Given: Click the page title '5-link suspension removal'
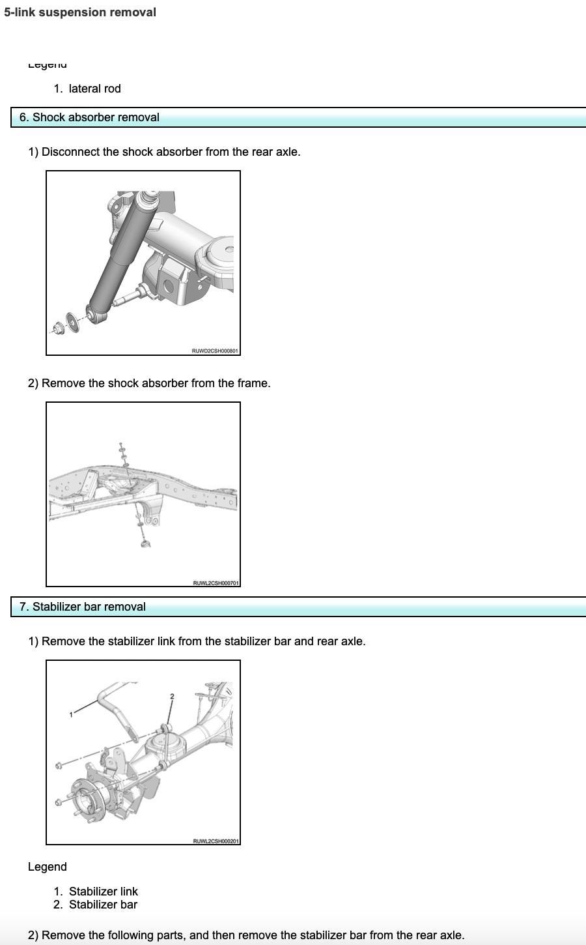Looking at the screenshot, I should coord(80,12).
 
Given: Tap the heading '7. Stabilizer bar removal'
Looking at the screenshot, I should coord(89,607).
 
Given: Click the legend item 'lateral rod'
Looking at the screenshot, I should coord(94,89).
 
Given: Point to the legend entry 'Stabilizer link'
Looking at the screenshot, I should coord(104,891).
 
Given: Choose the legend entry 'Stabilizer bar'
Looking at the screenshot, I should coord(103,905).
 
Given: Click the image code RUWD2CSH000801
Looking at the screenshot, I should coord(215,351).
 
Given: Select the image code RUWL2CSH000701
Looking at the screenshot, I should coord(216,583).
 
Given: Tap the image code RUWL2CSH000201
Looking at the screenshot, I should coord(216,841).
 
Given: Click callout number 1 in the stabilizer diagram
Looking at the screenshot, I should coord(71,715).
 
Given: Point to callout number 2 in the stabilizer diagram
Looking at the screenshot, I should coord(172,697).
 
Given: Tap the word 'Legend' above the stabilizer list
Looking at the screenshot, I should coord(47,867).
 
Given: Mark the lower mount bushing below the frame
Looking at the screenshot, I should coord(145,543).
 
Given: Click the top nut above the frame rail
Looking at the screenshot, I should coord(121,446).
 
